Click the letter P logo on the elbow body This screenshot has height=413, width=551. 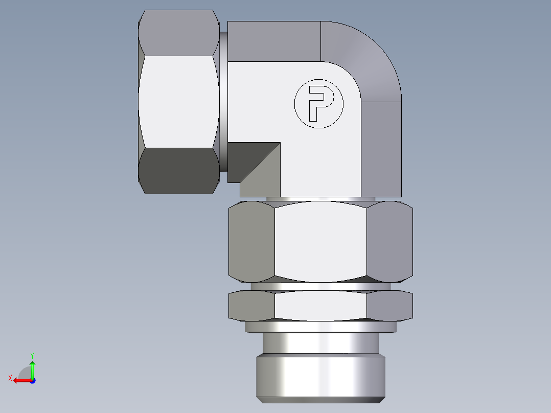318,104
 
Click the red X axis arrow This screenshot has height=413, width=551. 20,380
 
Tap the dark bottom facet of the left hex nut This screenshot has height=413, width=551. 179,171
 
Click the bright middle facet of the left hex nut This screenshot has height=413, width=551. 179,102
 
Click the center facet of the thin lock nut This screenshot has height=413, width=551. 320,306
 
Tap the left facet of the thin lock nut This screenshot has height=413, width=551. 251,306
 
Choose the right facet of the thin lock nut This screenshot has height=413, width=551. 389,306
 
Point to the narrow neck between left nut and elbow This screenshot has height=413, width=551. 223,102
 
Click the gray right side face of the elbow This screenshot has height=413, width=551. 381,148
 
